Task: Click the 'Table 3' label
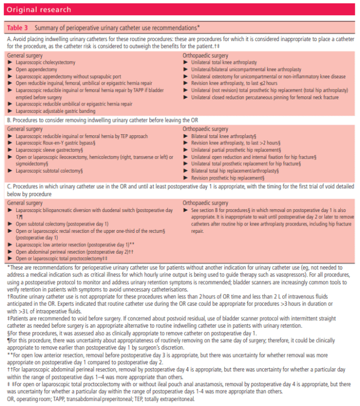coord(17,28)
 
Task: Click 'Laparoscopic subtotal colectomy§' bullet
coord(51,170)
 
